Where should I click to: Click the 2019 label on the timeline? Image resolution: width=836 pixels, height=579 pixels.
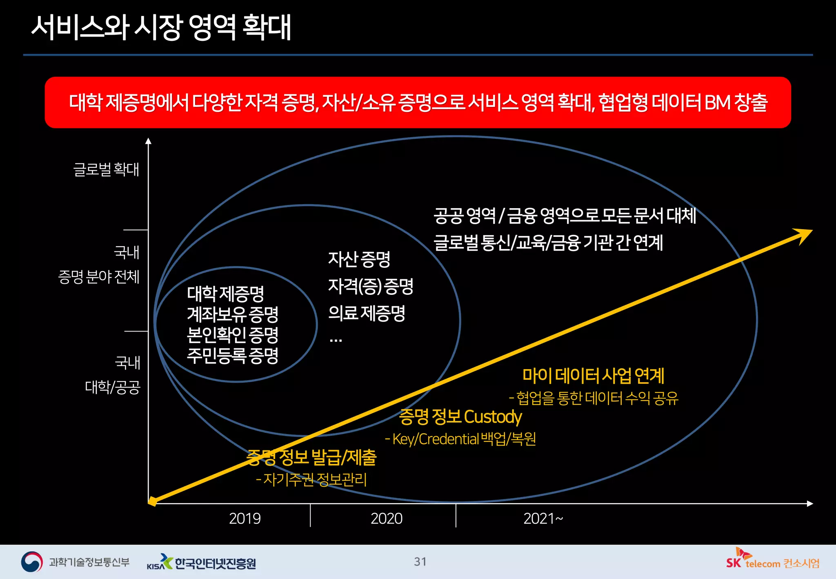(x=245, y=519)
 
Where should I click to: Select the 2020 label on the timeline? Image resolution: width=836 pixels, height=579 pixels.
(x=386, y=519)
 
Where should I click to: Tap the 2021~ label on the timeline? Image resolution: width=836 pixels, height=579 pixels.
(x=543, y=519)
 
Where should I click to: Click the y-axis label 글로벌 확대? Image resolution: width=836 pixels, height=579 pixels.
(x=106, y=169)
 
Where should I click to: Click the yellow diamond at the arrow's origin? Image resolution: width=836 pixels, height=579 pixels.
(x=152, y=501)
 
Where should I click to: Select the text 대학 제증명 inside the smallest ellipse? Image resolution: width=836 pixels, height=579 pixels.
(x=225, y=293)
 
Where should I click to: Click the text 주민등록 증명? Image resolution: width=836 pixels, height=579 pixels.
(x=232, y=355)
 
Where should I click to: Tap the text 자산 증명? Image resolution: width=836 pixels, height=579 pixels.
(x=359, y=259)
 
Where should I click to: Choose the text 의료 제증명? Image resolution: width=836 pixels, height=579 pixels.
(x=367, y=313)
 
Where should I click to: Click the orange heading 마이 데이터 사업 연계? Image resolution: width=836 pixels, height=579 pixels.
(x=593, y=376)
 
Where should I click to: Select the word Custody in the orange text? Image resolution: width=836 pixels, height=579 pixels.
(x=493, y=417)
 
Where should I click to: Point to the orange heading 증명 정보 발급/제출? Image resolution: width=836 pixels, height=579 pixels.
(x=312, y=457)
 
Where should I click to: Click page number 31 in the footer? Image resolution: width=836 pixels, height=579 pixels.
(x=420, y=562)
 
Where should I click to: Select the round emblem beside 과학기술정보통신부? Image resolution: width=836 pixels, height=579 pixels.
(x=32, y=562)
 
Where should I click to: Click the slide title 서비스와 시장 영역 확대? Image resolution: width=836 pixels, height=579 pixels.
(x=161, y=27)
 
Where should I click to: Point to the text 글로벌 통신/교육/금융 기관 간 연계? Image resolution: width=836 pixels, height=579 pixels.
(x=548, y=243)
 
